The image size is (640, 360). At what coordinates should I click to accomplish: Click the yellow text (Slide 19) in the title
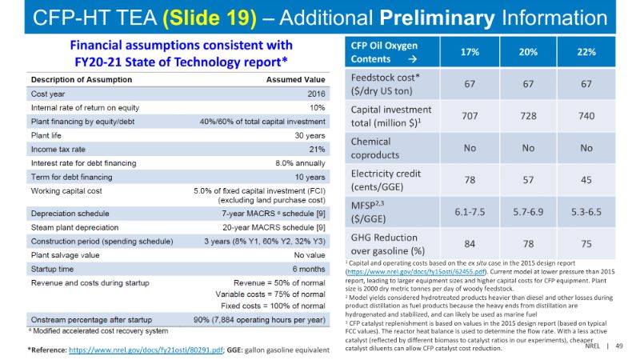(x=206, y=17)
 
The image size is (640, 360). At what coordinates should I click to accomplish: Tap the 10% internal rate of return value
(x=317, y=107)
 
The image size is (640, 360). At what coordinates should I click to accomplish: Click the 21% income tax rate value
(x=317, y=149)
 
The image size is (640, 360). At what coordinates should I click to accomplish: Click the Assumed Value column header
(x=295, y=79)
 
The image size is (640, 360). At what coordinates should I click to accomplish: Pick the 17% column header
(x=470, y=51)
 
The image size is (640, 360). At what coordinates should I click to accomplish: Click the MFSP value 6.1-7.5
(x=470, y=211)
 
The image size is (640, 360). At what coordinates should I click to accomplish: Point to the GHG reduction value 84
(x=470, y=243)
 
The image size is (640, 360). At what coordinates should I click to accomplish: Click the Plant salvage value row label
(x=65, y=256)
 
